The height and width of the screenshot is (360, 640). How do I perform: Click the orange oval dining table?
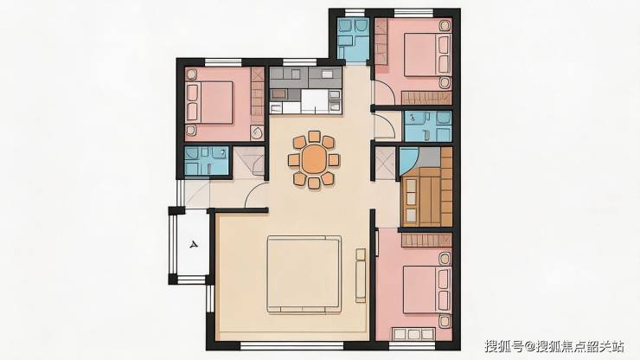pos(314,159)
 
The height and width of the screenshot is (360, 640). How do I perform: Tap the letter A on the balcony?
pos(194,245)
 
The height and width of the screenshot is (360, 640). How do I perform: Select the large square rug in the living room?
pos(304,274)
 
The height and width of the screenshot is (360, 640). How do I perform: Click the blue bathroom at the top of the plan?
pos(354,39)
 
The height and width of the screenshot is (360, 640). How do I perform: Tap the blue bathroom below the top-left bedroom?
pos(207,161)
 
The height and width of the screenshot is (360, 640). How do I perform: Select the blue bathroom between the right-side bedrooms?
pos(428,125)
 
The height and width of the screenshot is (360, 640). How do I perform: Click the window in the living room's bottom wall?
pos(291,346)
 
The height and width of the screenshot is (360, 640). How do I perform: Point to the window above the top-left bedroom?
pos(223,62)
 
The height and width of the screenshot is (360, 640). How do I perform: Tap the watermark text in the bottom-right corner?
pos(554,346)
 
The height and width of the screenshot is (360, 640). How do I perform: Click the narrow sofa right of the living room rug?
pos(361,276)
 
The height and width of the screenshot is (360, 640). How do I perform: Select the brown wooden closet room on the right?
pos(427,187)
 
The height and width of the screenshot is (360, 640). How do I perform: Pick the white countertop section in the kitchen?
pos(315,101)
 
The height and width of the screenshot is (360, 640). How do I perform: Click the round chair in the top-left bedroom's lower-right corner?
pos(257,132)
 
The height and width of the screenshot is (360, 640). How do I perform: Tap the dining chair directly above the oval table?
pos(314,137)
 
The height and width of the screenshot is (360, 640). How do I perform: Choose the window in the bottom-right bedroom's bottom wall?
pos(413,346)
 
